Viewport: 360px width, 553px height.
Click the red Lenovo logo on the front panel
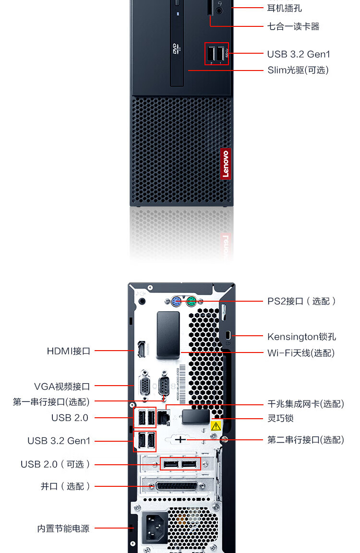[226, 164]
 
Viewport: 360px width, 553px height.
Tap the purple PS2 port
[176, 302]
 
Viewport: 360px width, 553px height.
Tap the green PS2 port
[191, 302]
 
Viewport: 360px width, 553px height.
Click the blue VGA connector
[144, 385]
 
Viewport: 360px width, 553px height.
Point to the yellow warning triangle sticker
[216, 425]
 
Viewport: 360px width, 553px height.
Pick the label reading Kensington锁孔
[301, 336]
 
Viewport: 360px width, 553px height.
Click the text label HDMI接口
[69, 351]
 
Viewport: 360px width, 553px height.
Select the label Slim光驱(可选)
[298, 70]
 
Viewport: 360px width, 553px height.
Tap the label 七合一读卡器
[293, 26]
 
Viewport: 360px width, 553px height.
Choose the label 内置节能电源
[63, 529]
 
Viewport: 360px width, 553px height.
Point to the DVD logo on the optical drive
[175, 48]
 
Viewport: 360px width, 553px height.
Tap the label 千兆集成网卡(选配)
[305, 404]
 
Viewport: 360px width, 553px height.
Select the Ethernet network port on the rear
[164, 417]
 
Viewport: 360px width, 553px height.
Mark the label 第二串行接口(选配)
[305, 439]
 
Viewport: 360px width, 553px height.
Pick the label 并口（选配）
[65, 486]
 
